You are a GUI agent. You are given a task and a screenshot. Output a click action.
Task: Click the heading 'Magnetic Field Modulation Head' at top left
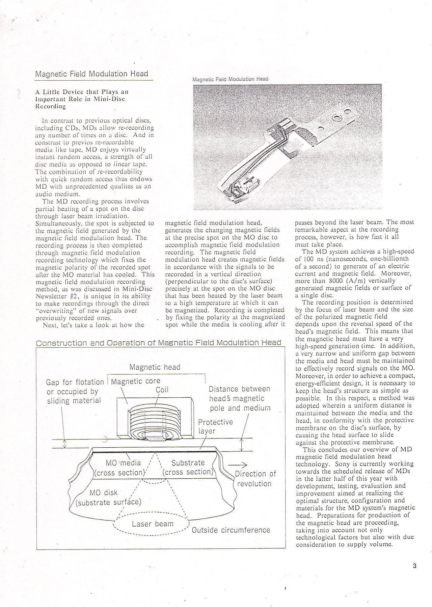click(x=91, y=74)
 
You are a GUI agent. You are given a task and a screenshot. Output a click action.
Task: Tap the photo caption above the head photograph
click(x=230, y=79)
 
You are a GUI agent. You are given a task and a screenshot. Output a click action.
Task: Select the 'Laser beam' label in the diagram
click(x=153, y=524)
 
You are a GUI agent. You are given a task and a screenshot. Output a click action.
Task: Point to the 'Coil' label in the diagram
click(x=162, y=390)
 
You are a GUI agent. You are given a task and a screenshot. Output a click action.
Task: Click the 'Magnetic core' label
click(x=136, y=381)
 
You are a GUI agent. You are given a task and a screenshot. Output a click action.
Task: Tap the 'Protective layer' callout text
click(x=215, y=426)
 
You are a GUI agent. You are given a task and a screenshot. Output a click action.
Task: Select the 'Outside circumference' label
click(x=231, y=530)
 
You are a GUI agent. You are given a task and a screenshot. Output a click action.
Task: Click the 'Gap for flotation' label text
click(x=75, y=382)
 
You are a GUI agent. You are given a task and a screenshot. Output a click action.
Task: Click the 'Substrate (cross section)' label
click(x=188, y=467)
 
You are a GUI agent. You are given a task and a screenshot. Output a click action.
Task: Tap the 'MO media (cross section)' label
click(x=120, y=468)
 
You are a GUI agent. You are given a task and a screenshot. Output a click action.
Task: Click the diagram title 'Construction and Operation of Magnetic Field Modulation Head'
click(x=159, y=343)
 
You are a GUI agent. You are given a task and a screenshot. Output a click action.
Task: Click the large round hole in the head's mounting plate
click(x=336, y=118)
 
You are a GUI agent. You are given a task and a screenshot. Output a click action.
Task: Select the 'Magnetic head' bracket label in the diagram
click(x=155, y=367)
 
